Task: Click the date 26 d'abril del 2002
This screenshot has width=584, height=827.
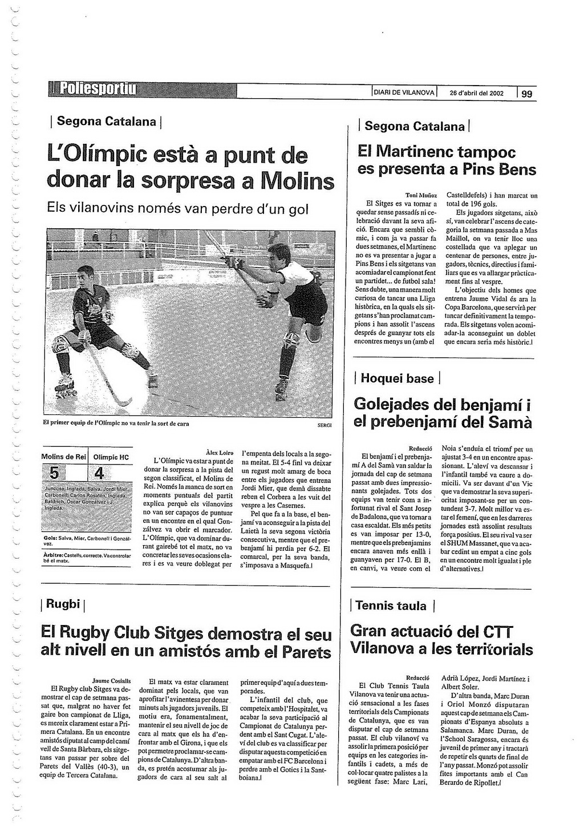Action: [476, 93]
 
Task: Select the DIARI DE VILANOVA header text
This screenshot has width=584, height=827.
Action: [404, 92]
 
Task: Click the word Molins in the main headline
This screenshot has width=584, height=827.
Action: [297, 181]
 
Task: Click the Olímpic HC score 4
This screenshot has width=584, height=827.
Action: [99, 474]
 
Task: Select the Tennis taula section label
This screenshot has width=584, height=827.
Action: [391, 606]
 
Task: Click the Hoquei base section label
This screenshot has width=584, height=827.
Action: [397, 378]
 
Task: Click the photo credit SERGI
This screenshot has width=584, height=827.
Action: [325, 425]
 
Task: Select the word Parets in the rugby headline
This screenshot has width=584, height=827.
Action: [304, 652]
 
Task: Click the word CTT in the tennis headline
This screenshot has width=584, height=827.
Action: [498, 632]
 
